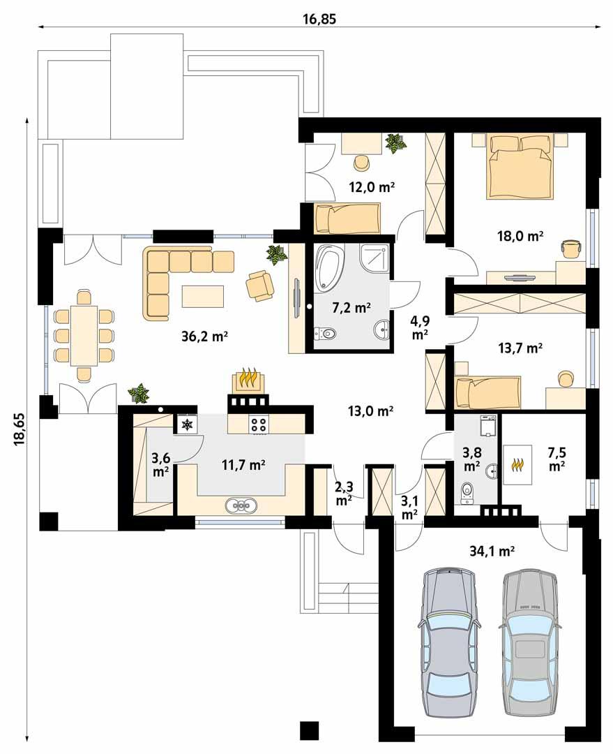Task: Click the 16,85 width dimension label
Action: click(319, 19)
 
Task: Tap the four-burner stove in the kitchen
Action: click(259, 423)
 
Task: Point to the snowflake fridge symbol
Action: click(186, 424)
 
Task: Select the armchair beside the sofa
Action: click(260, 285)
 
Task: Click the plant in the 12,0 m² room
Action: click(395, 144)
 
